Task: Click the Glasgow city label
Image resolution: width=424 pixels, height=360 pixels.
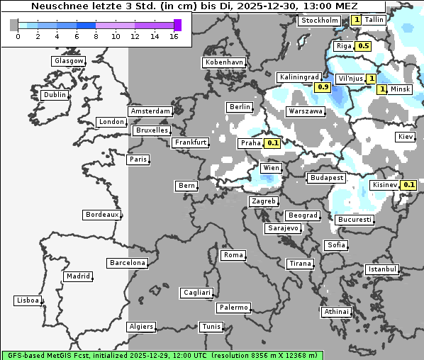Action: pos(69,61)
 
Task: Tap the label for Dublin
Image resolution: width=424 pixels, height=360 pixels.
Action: pos(55,95)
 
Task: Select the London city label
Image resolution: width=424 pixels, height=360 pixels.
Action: pos(111,122)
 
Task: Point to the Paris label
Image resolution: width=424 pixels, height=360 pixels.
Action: pos(138,159)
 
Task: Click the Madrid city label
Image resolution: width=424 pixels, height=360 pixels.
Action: pos(77,276)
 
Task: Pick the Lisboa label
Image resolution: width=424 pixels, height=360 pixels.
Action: pos(28,300)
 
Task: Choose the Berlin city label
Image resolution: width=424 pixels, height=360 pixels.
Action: pos(240,107)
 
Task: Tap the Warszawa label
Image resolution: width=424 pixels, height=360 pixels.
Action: pos(306,111)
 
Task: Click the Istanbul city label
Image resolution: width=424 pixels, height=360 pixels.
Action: pos(382,269)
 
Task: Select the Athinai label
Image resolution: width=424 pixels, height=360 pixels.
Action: pos(336,312)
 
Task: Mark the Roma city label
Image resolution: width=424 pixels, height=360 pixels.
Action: pos(233,255)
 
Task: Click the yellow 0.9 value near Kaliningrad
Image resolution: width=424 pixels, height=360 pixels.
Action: pos(323,87)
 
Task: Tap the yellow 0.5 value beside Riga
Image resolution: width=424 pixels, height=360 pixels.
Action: pos(364,46)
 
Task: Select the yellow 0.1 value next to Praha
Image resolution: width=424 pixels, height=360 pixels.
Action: pos(272,143)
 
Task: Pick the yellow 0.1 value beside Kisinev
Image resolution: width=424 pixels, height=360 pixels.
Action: pos(408,185)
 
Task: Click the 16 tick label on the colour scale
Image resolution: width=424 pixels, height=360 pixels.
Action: pos(174,36)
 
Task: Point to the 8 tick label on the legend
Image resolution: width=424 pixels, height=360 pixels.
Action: pos(96,36)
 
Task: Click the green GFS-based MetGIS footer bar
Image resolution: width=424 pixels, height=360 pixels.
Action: pos(162,354)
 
